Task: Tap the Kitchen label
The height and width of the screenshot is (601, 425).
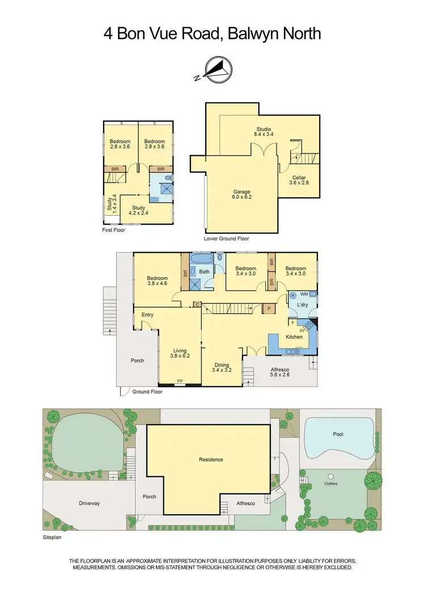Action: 294,337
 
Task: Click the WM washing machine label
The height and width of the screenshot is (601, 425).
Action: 304,294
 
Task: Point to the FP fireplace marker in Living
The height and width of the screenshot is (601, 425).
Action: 180,381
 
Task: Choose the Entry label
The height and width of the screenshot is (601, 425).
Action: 147,315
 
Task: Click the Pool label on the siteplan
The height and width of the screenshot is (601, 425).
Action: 338,434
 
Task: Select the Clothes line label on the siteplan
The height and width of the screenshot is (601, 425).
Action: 330,484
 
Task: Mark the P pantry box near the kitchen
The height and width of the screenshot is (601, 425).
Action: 270,309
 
